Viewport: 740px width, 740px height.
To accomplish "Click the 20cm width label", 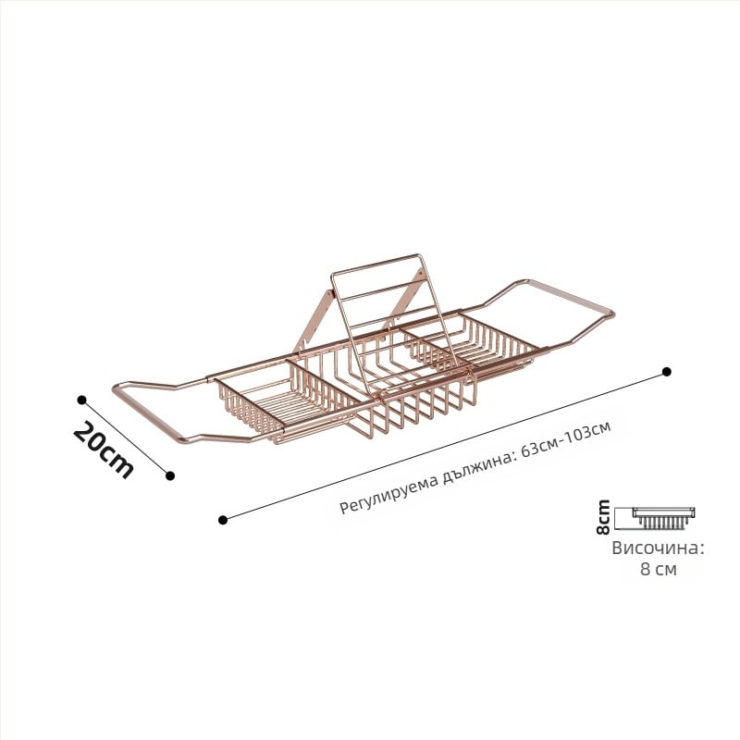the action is pos(104,449).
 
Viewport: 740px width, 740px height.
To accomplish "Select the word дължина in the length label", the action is pos(478,467).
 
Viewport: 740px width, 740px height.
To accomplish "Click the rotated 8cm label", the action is pos(603,517).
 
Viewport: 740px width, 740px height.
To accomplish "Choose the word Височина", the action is pos(658,549).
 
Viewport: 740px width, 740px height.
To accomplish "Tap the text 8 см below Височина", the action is pos(659,569).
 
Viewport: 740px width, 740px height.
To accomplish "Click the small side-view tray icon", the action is pos(663,518).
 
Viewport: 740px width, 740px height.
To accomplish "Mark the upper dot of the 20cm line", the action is pos(81,401).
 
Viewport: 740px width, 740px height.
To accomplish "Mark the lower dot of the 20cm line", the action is pos(170,475).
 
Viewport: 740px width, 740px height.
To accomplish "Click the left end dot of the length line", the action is pos(223,520).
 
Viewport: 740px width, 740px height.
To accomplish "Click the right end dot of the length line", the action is pos(667,372).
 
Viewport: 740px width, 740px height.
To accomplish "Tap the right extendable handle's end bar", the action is pos(570,296).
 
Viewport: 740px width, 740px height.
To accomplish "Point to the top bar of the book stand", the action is pos(376,264).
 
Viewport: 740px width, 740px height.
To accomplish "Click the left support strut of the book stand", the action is pos(314,321).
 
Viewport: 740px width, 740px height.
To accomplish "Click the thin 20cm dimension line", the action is pos(126,438).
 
